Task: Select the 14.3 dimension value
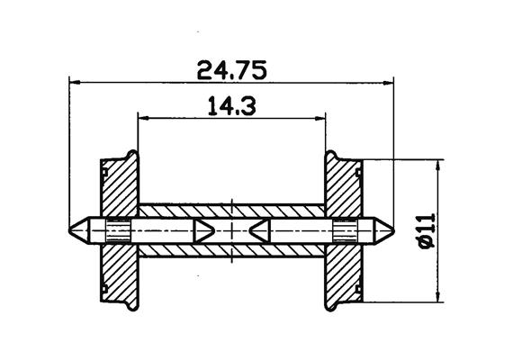(x=232, y=106)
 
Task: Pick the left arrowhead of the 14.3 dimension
(x=141, y=117)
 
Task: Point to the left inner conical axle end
(x=202, y=229)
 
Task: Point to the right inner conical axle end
(x=261, y=229)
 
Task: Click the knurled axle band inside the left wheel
(x=118, y=229)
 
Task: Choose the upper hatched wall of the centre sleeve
(x=231, y=211)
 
